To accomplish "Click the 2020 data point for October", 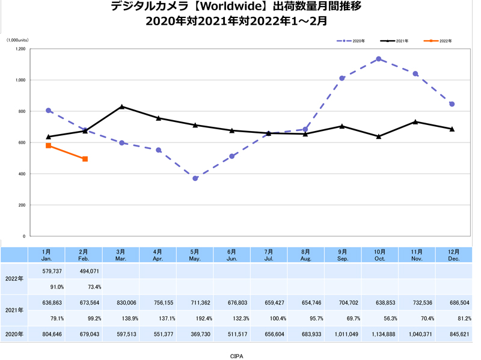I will point(378,59).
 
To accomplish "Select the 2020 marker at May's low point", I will point(195,178).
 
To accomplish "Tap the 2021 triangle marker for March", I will point(122,106).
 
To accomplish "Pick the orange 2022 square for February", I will point(85,159).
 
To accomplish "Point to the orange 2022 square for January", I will point(48,145).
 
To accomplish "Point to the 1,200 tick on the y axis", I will point(20,49).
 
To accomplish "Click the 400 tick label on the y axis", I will point(22,174).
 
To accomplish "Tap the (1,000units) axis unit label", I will point(17,40).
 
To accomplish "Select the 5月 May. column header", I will point(195,255).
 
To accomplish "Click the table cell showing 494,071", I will point(85,270).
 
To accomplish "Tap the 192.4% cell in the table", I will point(195,319).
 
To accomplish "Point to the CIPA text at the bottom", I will point(237,356).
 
